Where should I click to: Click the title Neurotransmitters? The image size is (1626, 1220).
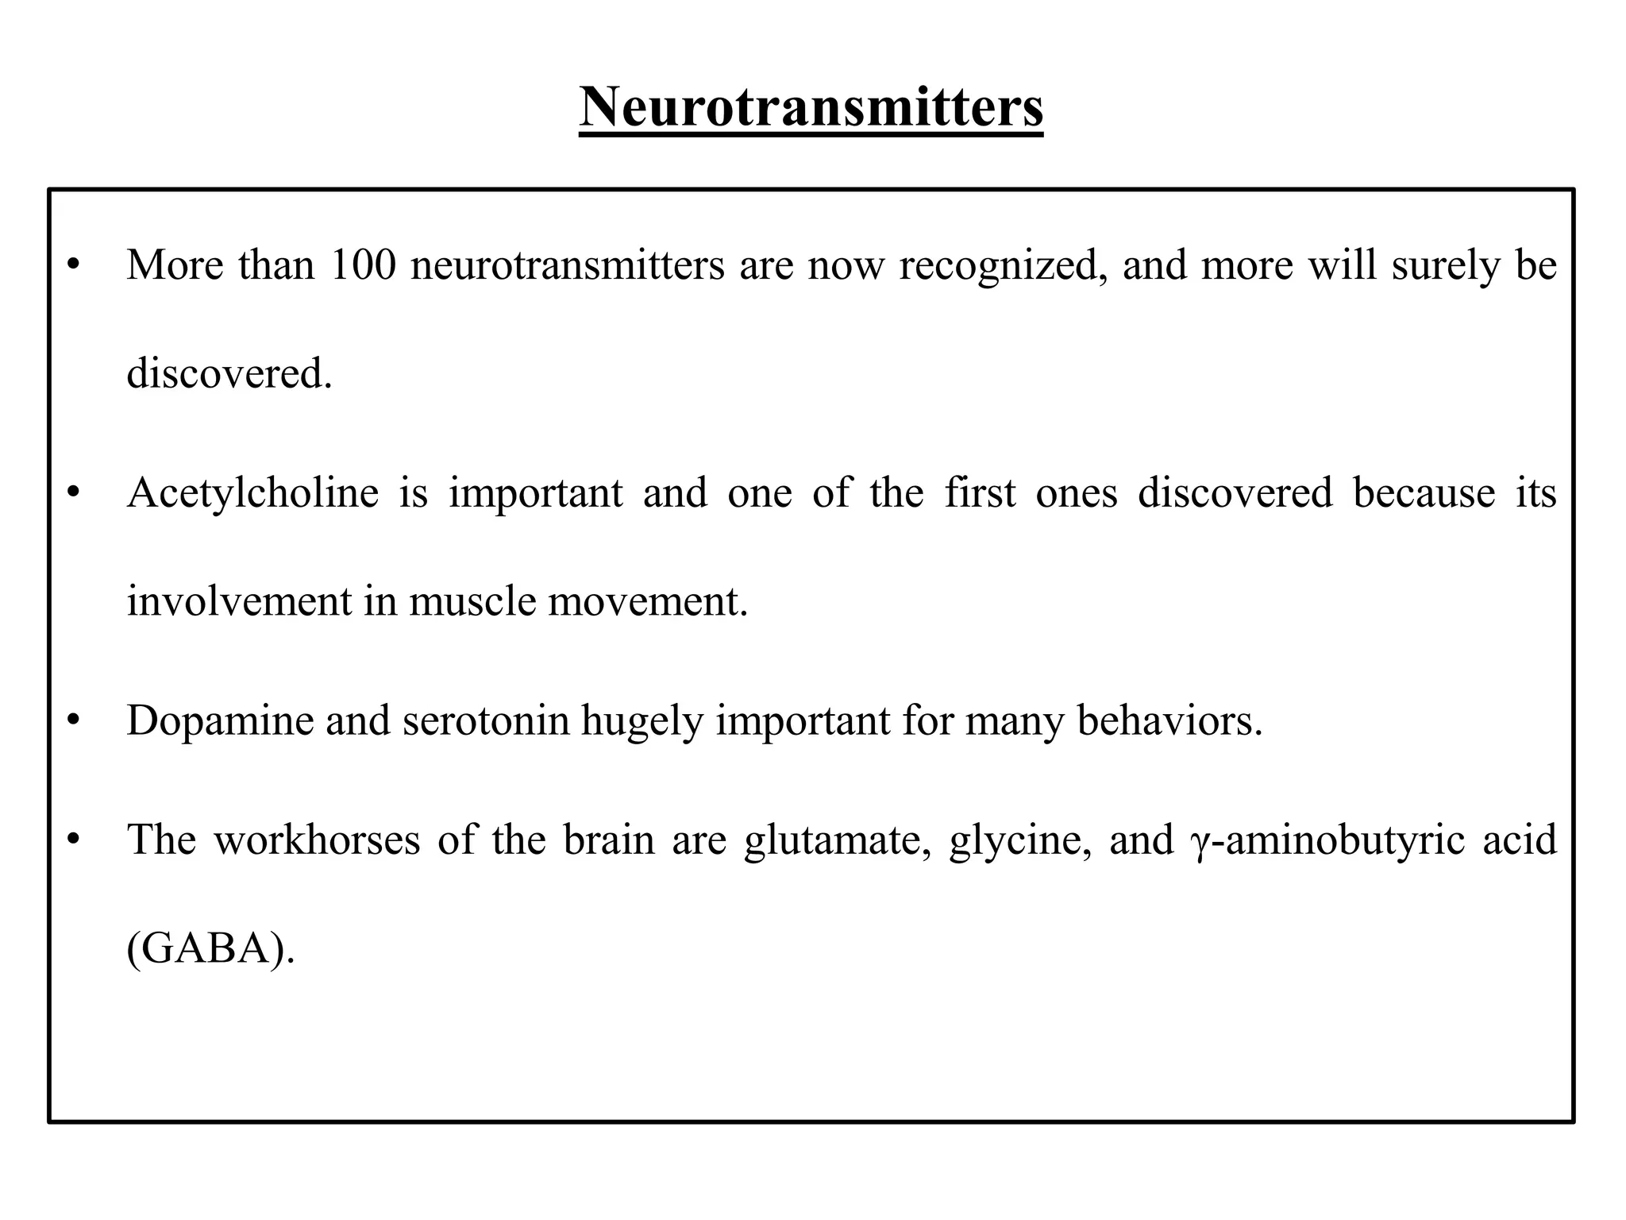pyautogui.click(x=811, y=107)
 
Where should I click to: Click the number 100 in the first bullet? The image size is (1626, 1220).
pyautogui.click(x=363, y=264)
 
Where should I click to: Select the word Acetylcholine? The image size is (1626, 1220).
pyautogui.click(x=253, y=492)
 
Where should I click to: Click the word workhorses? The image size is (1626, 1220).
pyautogui.click(x=317, y=840)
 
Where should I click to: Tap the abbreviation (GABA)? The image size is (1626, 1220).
pyautogui.click(x=210, y=948)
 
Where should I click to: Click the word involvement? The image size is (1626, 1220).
pyautogui.click(x=238, y=601)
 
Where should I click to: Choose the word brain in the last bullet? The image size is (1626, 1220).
pyautogui.click(x=609, y=840)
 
